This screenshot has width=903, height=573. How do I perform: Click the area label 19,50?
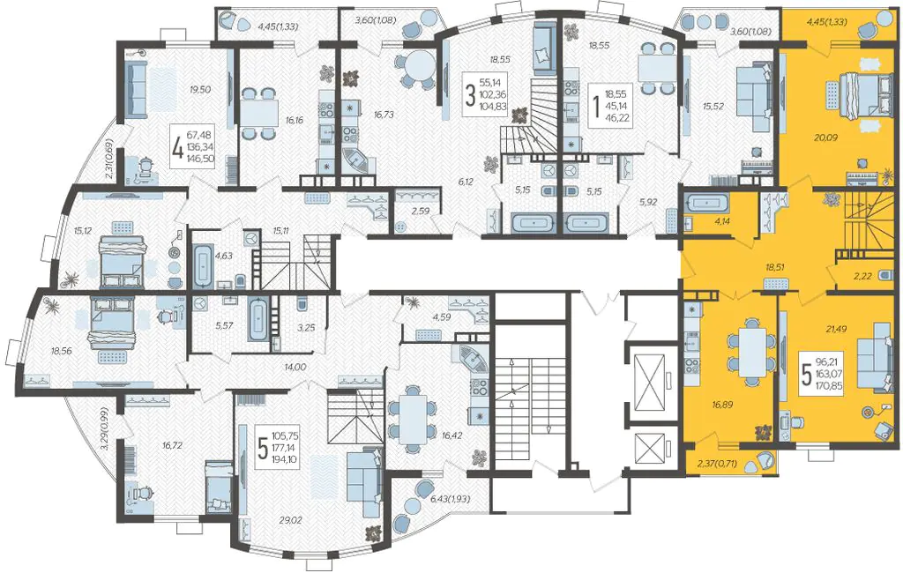click(200, 89)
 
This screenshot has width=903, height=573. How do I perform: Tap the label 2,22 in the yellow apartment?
click(862, 277)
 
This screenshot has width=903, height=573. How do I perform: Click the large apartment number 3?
click(471, 95)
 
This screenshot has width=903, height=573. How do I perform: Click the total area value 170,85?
click(830, 387)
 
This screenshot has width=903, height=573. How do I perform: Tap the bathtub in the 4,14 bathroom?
click(706, 204)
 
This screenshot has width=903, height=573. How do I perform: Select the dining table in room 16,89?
click(752, 355)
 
